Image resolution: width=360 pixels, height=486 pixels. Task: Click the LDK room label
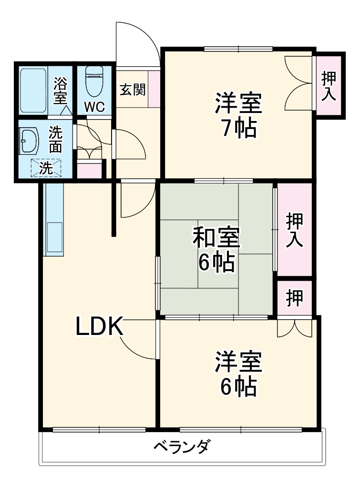[100, 327]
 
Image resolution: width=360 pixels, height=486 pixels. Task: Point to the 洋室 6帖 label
[238, 375]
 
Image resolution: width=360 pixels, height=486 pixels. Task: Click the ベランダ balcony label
[182, 448]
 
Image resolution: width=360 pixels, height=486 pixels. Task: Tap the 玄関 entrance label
[132, 89]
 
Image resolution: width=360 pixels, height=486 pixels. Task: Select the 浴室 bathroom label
[60, 91]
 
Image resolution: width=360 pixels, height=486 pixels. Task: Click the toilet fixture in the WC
[94, 81]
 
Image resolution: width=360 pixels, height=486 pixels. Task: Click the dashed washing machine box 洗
[46, 167]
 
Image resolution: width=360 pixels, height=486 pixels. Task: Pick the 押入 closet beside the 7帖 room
[329, 86]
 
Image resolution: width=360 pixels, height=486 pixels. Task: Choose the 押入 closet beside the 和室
[294, 230]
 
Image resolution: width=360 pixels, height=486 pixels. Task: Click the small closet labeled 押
[294, 298]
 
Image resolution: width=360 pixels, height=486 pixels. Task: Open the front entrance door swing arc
[138, 43]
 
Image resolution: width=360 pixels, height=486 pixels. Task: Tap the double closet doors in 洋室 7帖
[298, 84]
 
